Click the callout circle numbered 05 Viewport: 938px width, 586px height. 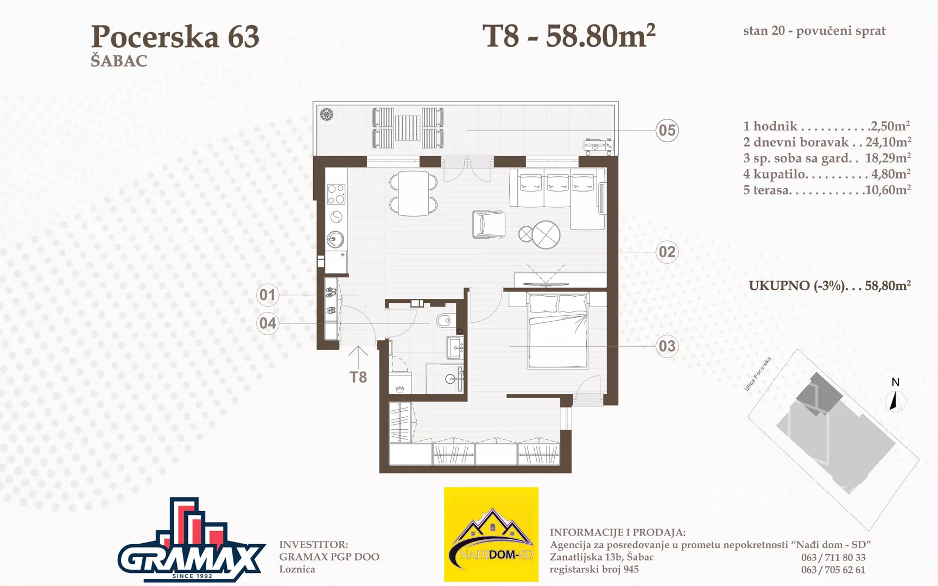tap(667, 130)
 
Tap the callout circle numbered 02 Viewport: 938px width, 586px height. tap(667, 252)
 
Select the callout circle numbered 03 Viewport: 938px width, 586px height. tap(667, 346)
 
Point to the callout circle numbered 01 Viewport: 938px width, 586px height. tap(267, 295)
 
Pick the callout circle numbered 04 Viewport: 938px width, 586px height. tap(267, 323)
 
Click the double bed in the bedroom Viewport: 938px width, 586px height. tap(558, 330)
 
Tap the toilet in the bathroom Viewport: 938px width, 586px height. tap(444, 320)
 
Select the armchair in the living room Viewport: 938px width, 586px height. tap(489, 224)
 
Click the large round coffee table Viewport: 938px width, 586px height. tap(546, 234)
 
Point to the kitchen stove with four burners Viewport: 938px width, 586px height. tap(336, 194)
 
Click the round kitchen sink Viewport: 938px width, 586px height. tap(335, 239)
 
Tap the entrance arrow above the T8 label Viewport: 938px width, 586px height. tap(358, 357)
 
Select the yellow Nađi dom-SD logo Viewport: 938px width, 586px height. tap(491, 534)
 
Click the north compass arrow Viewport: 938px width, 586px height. tap(894, 401)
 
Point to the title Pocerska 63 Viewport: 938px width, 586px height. tap(175, 36)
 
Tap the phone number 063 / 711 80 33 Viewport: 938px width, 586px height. tap(833, 557)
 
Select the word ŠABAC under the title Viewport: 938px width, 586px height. tap(119, 60)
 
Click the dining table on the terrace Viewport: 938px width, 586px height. tap(408, 128)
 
